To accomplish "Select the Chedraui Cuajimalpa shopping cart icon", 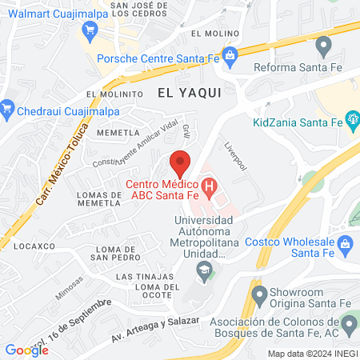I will point(8,107).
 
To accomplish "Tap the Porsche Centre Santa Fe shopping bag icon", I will point(230,55).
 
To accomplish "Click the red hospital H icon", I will point(210,190).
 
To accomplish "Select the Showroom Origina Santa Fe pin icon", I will point(258,296).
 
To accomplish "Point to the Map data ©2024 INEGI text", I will point(311,354).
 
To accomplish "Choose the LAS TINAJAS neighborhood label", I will point(141,276).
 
